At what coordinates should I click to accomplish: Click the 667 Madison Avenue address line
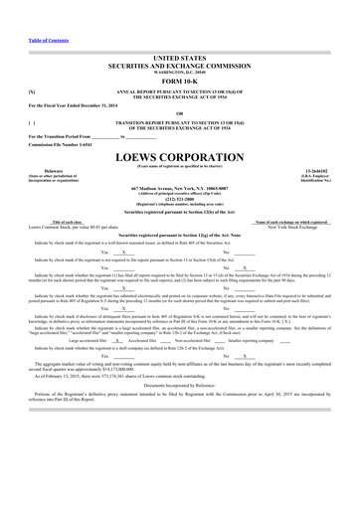click(180, 188)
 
